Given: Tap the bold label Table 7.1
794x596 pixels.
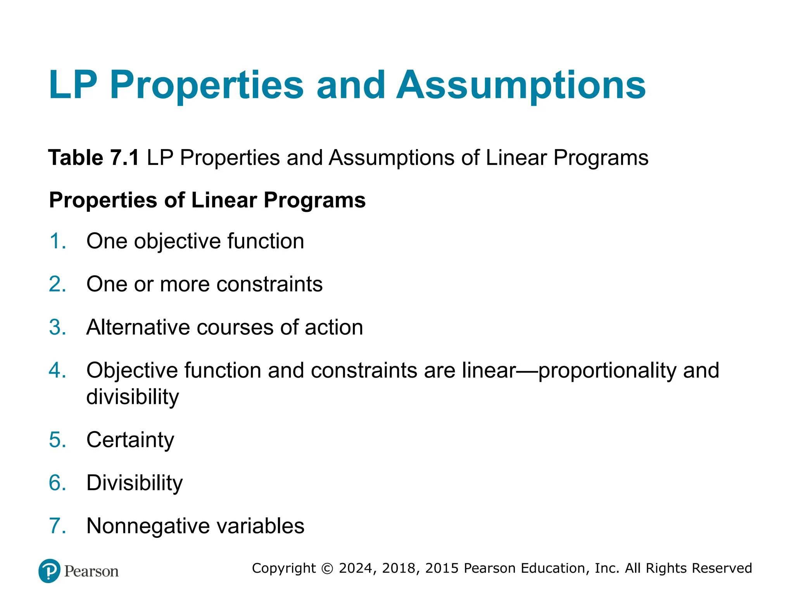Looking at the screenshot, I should [93, 158].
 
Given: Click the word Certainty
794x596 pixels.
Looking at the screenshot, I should [130, 440].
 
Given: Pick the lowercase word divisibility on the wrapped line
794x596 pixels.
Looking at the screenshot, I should [133, 397].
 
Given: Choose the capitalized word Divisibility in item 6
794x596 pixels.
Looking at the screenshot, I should [135, 483].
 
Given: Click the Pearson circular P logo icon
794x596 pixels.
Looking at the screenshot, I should [50, 571].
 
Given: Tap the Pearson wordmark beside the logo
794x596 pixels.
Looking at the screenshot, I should [91, 572].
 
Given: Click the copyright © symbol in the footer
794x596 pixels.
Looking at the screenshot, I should [328, 568].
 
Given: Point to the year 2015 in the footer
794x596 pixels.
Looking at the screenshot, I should [442, 568].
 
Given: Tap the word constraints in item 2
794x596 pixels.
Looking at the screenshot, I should [269, 284].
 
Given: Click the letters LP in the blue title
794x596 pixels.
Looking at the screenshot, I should [73, 85].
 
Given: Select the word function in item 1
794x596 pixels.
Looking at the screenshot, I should [266, 241].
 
